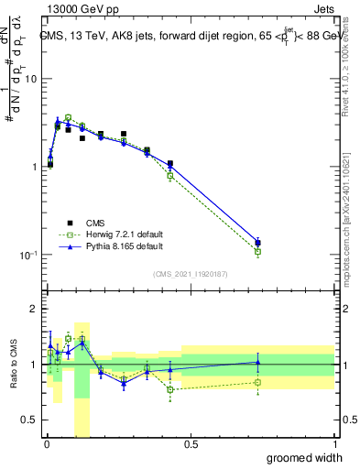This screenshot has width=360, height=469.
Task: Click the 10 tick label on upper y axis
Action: [29, 80]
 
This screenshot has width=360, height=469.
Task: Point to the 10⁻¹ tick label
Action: [27, 255]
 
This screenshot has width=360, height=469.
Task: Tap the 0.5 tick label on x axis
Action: [191, 443]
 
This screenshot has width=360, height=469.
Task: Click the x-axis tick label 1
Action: [334, 443]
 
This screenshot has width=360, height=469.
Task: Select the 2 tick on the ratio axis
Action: [35, 309]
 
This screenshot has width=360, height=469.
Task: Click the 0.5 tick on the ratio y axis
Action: [31, 420]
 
